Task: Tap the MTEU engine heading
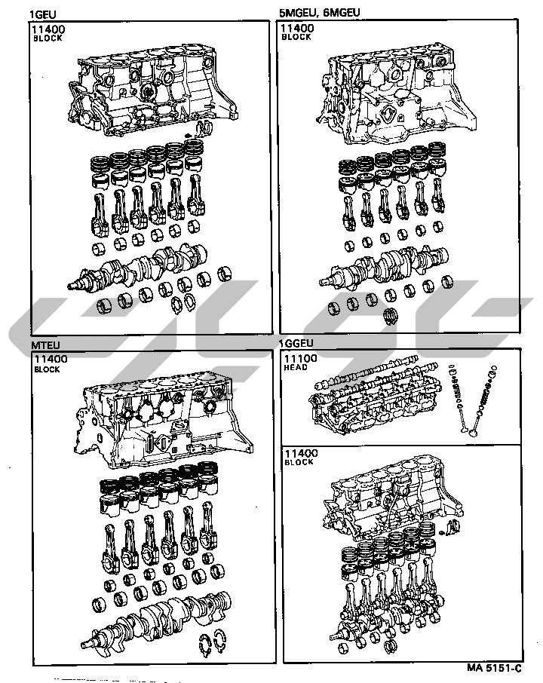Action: tap(43, 345)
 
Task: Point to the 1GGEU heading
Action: tap(296, 344)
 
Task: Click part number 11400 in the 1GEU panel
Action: tap(48, 29)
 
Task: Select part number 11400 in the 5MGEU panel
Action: tap(297, 29)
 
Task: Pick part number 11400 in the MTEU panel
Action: tap(50, 360)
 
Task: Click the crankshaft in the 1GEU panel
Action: tap(143, 268)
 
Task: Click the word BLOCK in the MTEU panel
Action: tap(47, 370)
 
